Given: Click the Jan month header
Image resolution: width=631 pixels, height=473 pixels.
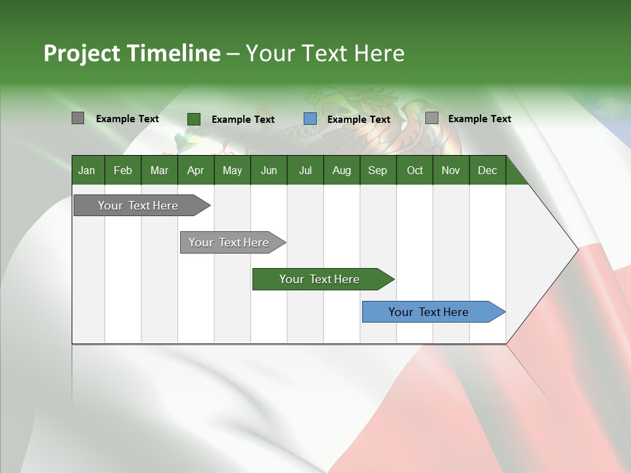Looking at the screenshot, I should tap(87, 170).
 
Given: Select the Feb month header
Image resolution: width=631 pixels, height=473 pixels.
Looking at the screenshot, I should tap(123, 170).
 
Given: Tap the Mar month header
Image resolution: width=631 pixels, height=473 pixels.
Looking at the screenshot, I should tap(159, 170).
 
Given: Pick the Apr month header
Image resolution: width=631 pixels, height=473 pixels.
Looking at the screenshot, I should tap(196, 170).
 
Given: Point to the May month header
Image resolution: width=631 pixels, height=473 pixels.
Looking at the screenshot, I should tap(232, 170).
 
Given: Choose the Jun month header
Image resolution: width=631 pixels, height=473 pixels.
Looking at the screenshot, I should tap(269, 170).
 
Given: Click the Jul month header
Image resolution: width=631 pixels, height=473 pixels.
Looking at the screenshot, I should tap(305, 170).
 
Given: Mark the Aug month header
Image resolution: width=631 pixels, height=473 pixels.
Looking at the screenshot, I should tap(342, 170).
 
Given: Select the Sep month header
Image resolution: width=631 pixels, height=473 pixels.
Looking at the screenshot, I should tap(378, 170).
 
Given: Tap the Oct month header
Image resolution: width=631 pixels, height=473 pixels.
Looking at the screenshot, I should tap(415, 170).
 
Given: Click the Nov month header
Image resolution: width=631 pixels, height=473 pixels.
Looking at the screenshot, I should tap(451, 170).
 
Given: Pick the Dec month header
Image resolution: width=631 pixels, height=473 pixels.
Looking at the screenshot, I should tap(488, 170).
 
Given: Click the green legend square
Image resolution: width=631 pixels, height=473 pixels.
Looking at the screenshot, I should tap(194, 119).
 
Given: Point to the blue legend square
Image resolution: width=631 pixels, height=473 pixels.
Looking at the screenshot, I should tap(310, 119).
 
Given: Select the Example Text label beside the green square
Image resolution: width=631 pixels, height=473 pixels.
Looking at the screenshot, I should tap(243, 120).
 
